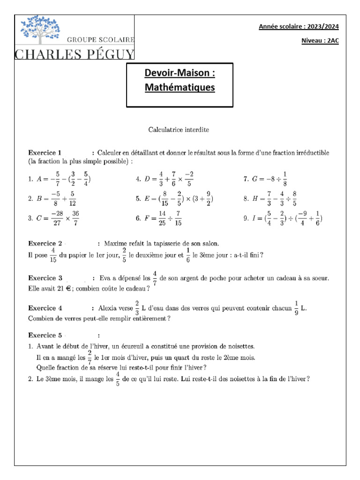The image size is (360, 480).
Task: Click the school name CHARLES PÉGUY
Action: (x=75, y=53)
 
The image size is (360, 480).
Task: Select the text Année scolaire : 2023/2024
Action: (x=299, y=27)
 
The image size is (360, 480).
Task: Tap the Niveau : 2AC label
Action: (x=320, y=41)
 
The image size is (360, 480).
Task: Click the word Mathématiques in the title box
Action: (x=180, y=87)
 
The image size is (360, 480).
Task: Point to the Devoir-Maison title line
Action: (x=180, y=74)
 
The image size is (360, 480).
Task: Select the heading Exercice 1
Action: (x=45, y=153)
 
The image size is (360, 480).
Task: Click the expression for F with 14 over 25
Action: (x=165, y=218)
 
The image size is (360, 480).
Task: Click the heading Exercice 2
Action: (x=45, y=243)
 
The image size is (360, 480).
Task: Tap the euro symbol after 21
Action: (x=68, y=289)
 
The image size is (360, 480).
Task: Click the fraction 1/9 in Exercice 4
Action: (x=296, y=307)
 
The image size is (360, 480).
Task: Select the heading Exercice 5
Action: (x=45, y=335)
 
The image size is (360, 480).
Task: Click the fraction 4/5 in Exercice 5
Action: (x=118, y=379)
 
